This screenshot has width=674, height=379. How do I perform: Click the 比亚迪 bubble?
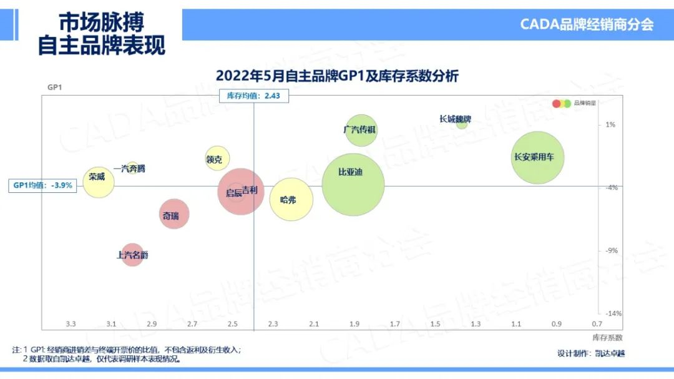tap(353, 184)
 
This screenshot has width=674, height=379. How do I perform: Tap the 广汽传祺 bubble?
tap(361, 130)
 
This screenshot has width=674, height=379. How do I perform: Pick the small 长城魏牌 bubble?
tap(462, 124)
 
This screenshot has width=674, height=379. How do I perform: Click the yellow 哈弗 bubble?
tap(291, 200)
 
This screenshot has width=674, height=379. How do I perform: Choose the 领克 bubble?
tap(217, 159)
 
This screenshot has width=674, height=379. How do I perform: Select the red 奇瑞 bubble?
tap(174, 215)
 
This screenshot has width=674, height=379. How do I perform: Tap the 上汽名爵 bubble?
tap(132, 255)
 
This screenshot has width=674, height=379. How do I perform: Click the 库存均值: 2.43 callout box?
tap(254, 96)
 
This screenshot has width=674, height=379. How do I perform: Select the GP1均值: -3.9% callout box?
tap(43, 185)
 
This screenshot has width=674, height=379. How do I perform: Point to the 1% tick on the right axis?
tap(610, 125)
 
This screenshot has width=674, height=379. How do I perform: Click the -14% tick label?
tap(612, 313)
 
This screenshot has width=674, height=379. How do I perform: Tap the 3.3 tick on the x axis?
tap(71, 324)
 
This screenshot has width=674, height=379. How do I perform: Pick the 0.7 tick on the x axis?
tap(597, 324)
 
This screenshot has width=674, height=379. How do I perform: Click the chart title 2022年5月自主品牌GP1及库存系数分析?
tap(337, 76)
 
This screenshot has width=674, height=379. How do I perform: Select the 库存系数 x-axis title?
tap(607, 337)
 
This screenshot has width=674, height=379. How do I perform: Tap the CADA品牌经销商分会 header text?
tap(587, 24)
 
